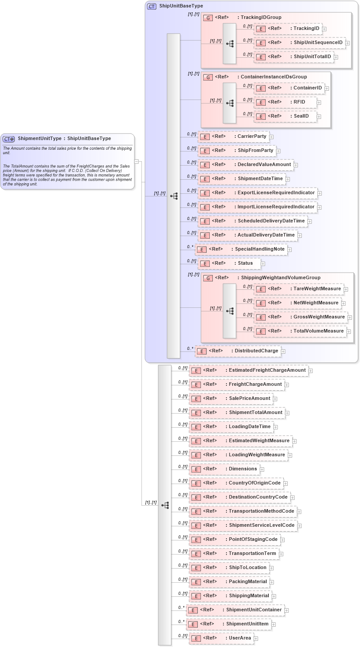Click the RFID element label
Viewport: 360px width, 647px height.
(299, 102)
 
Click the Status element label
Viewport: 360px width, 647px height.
(245, 263)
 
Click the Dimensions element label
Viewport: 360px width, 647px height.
(243, 469)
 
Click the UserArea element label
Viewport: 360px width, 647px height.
(240, 638)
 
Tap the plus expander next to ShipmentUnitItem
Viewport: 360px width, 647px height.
(274, 624)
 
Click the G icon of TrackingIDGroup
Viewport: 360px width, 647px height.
(208, 18)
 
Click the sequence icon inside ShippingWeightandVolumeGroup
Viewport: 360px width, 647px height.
(230, 311)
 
